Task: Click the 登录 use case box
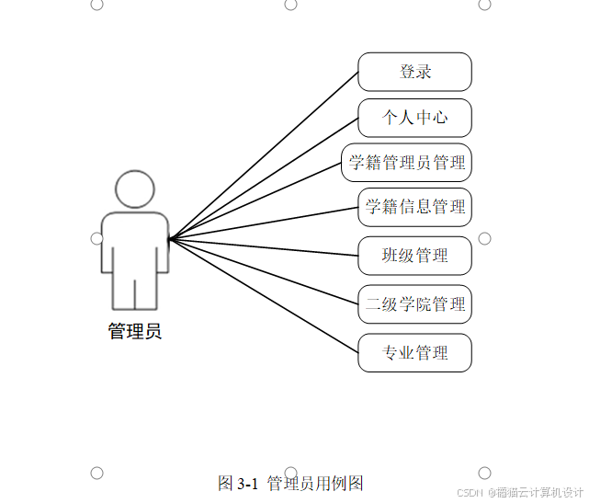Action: pos(414,72)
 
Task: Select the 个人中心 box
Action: pos(414,119)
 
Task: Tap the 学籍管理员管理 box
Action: pos(406,164)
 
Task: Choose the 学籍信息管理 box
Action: pos(414,207)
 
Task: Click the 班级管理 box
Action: pos(414,255)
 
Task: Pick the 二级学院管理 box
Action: pos(414,304)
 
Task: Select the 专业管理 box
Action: pos(414,353)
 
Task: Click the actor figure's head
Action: pos(134,189)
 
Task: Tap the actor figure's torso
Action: pos(135,241)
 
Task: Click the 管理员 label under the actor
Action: pos(135,332)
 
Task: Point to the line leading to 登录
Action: pos(266,153)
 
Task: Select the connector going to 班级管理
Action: pos(266,246)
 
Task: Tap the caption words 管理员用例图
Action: pos(315,484)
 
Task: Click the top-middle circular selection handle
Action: pos(290,5)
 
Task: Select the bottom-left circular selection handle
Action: pos(96,473)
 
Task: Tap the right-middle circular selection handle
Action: pos(484,238)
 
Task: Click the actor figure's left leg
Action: pos(123,292)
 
